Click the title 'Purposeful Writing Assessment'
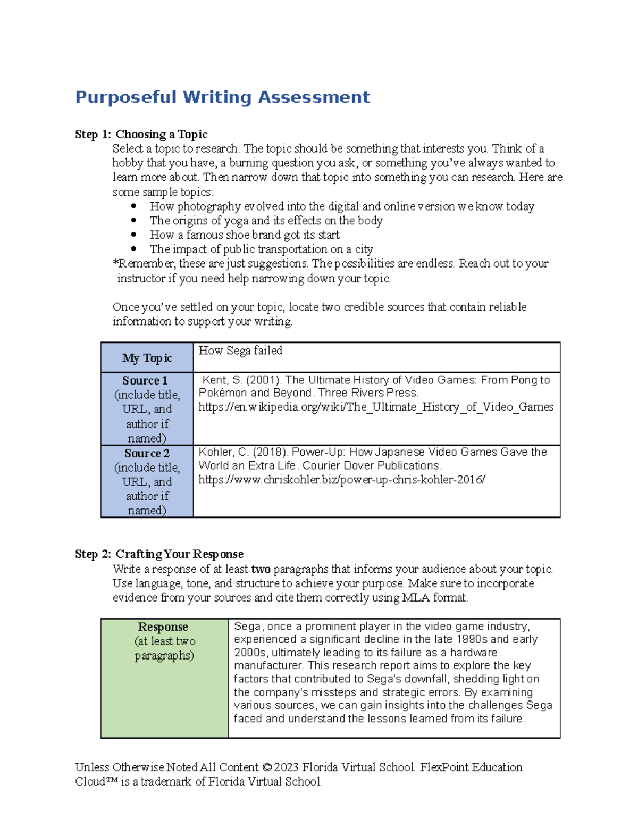(x=222, y=97)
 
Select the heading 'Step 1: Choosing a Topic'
(x=141, y=134)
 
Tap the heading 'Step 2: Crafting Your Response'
(x=159, y=554)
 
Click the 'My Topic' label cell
(x=147, y=358)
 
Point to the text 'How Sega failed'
(x=240, y=351)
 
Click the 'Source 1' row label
(x=145, y=381)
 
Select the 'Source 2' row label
(x=147, y=454)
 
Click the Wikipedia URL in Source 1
(x=375, y=407)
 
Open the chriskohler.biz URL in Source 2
(x=341, y=480)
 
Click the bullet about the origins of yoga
(x=266, y=221)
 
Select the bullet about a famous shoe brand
(x=245, y=235)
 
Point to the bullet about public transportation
(x=261, y=249)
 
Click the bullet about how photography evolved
(x=341, y=206)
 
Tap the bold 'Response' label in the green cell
(x=163, y=627)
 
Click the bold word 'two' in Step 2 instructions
(x=261, y=569)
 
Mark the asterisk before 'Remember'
(x=115, y=263)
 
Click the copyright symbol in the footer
(x=266, y=767)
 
